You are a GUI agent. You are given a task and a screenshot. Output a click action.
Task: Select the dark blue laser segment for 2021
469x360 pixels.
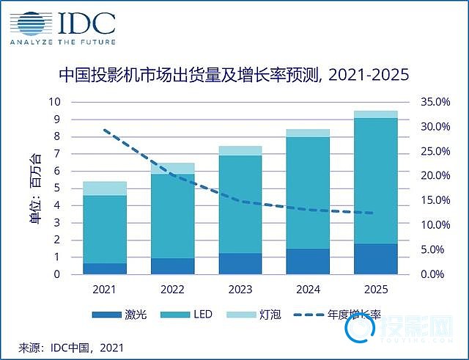[106, 268]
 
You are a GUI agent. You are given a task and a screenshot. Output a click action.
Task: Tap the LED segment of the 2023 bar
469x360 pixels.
[240, 204]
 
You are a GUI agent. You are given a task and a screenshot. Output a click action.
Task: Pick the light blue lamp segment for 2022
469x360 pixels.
[172, 169]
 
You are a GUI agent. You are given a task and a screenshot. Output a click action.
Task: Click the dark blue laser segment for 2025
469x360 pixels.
[376, 259]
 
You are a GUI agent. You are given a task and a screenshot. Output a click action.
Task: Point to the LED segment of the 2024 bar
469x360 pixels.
[308, 193]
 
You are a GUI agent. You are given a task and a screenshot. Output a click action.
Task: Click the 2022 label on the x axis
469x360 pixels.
[172, 290]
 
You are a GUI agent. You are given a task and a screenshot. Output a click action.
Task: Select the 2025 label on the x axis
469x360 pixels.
[376, 290]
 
